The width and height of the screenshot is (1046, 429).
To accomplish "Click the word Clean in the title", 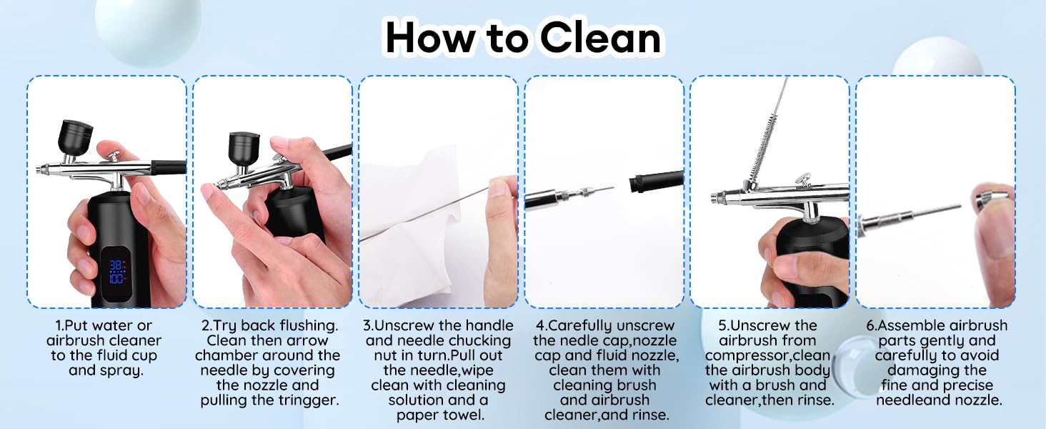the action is pyautogui.click(x=601, y=37).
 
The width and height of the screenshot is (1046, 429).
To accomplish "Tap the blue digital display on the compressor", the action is pyautogui.click(x=116, y=272).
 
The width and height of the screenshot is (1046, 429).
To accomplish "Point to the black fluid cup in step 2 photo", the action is pyautogui.click(x=244, y=149).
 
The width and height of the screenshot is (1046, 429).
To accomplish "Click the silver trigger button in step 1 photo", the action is pyautogui.click(x=114, y=156).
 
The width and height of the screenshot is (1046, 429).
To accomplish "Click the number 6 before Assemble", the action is pyautogui.click(x=870, y=326).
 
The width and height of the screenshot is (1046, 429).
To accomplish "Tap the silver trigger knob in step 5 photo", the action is pyautogui.click(x=802, y=179).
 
